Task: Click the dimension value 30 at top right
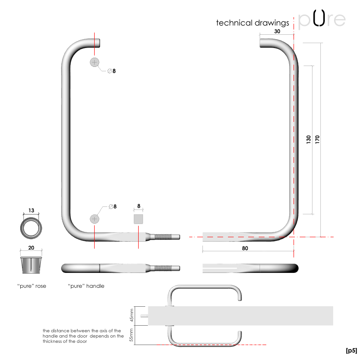[x=277, y=31]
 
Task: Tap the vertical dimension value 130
[x=309, y=140]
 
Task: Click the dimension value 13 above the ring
[x=31, y=210]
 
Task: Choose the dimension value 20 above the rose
[x=31, y=247]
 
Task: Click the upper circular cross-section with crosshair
[x=95, y=62]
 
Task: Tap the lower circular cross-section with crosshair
[x=95, y=219]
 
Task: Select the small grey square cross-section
[x=139, y=219]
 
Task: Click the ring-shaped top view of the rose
[x=31, y=227]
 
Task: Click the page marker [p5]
[x=351, y=350]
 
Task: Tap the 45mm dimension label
[x=130, y=316]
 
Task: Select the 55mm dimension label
[x=130, y=336]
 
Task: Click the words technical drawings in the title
[x=253, y=23]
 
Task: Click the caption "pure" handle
[x=86, y=286]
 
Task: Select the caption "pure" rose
[x=31, y=286]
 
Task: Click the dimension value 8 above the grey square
[x=139, y=206]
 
